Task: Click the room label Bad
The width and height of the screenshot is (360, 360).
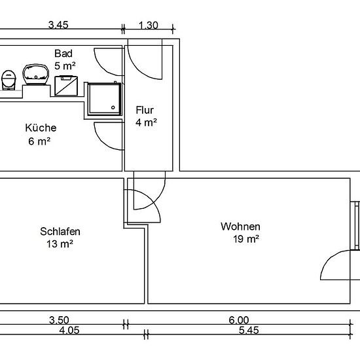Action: click(63, 54)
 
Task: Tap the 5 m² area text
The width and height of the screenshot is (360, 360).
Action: click(65, 66)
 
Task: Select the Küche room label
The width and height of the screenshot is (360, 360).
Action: click(41, 128)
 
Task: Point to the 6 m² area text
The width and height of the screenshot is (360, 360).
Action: click(39, 141)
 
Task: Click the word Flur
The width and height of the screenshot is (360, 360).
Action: click(145, 110)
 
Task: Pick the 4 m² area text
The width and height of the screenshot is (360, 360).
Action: click(146, 122)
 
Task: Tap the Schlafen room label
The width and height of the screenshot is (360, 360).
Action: click(60, 232)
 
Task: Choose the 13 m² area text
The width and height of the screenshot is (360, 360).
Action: click(60, 244)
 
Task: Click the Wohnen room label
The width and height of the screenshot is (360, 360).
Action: click(240, 226)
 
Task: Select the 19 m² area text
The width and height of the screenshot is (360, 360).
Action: click(246, 239)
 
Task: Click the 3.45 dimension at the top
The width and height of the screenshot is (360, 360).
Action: click(58, 25)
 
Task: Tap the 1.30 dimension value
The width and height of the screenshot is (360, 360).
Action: click(149, 26)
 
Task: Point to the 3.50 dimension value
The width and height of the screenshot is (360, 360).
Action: click(59, 320)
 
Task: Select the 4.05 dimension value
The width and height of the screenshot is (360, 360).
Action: click(69, 331)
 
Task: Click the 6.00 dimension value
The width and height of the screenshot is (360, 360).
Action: click(239, 320)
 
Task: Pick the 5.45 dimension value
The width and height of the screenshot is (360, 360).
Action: click(249, 331)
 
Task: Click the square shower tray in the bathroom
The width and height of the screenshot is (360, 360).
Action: click(105, 99)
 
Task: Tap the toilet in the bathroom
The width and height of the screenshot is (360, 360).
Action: click(9, 80)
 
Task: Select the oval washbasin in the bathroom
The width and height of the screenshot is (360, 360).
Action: click(36, 75)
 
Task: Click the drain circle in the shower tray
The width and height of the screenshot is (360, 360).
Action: click(113, 107)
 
